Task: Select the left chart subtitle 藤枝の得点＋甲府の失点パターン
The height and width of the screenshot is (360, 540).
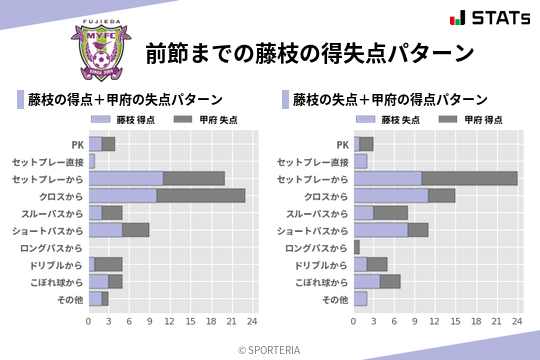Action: pos(124,99)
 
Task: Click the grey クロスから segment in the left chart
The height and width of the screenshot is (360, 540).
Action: pos(201,195)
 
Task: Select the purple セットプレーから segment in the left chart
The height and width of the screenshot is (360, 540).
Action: pos(125,178)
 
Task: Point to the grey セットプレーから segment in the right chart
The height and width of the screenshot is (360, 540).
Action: pos(469,178)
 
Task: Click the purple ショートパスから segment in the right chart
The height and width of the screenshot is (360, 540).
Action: pos(381,229)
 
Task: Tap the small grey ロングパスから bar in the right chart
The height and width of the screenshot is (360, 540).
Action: pos(356,246)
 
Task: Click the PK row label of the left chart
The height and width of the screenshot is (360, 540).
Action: pos(78,144)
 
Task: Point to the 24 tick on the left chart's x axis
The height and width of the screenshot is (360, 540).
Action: pos(252,321)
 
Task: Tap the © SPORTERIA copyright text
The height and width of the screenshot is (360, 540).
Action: pos(270,349)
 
